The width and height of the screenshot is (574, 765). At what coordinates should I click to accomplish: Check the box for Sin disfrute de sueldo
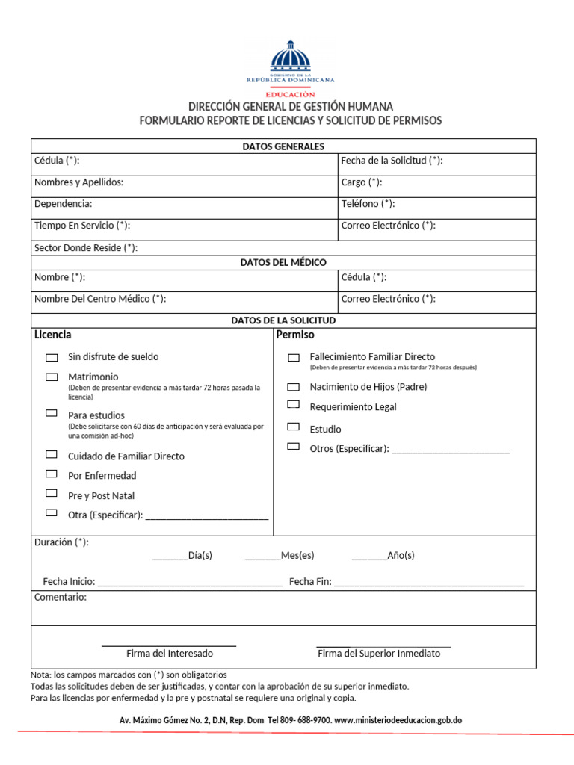52,358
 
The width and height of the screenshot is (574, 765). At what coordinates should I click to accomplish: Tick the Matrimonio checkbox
52,377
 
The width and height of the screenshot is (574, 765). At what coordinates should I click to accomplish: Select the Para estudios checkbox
52,413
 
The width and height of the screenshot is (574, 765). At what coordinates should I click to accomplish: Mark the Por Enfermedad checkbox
52,474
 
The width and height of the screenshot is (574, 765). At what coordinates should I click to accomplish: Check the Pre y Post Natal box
52,494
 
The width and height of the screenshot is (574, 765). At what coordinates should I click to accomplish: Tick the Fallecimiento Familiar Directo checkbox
294,358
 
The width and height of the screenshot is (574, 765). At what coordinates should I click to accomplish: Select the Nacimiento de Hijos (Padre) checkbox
294,387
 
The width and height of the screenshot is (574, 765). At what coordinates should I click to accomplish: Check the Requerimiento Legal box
294,405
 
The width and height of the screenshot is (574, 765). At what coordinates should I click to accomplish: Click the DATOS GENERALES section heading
283,146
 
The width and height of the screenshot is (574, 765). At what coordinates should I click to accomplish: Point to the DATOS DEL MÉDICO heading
283,262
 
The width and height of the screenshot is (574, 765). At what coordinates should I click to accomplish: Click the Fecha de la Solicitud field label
392,161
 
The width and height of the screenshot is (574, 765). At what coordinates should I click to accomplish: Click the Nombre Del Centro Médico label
100,299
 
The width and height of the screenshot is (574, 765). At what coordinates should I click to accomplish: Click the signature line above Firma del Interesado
169,645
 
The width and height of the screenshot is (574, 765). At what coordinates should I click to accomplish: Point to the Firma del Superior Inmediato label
379,654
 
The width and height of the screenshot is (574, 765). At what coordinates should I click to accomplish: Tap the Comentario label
61,598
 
